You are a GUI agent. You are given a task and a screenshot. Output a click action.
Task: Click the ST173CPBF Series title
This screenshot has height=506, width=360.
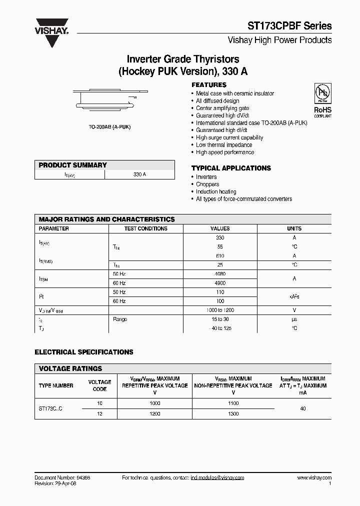tap(290, 26)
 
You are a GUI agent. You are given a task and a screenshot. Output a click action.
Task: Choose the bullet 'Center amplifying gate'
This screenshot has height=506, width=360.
tap(222, 108)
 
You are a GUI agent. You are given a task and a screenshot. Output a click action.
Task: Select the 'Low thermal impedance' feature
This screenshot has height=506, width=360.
tap(223, 145)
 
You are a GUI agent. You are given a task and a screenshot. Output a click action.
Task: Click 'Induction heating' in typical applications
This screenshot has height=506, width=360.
tap(216, 191)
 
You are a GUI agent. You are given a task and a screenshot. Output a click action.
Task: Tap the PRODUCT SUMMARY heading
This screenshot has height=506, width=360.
tap(73, 165)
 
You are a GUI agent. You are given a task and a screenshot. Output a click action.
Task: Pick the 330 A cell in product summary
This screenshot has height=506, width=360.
tap(140, 174)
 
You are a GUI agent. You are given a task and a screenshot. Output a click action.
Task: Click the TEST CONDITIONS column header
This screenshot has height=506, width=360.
tap(145, 228)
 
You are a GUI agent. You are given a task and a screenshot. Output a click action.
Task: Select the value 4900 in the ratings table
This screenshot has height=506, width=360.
tap(220, 283)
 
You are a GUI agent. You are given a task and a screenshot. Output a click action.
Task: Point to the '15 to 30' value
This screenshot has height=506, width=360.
tap(220, 319)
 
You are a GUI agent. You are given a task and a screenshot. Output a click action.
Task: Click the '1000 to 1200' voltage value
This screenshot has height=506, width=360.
tap(220, 310)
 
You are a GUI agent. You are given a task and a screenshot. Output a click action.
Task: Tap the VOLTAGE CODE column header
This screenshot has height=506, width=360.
tap(99, 385)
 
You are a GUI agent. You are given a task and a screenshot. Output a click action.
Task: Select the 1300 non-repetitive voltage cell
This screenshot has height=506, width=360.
tap(233, 414)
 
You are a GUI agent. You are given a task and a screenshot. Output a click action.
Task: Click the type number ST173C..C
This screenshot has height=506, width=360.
tap(51, 408)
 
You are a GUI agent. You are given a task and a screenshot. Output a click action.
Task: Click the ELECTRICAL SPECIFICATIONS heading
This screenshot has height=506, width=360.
tap(84, 352)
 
